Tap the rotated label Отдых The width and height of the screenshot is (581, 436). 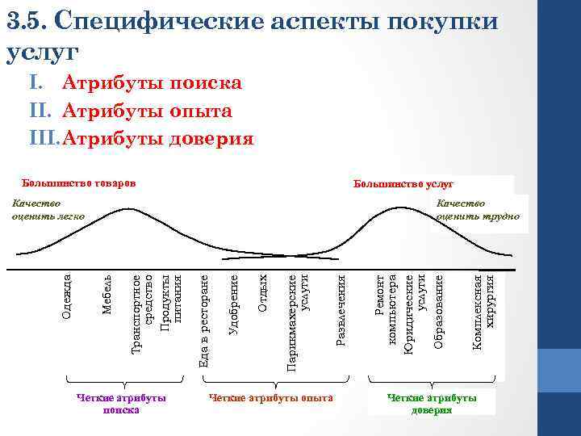262,294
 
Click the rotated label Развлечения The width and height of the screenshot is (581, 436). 341,311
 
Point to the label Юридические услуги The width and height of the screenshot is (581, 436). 415,315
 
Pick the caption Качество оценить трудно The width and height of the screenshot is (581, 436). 478,209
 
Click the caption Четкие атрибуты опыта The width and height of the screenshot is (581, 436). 270,398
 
